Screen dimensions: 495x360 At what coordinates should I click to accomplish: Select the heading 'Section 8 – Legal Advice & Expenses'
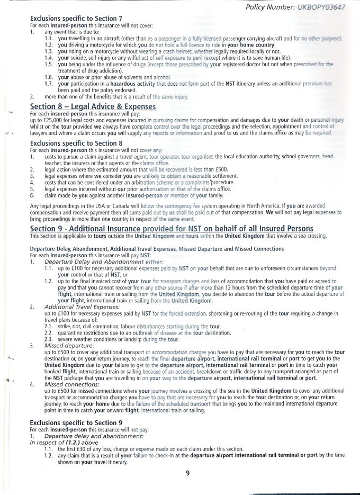(x=93, y=106)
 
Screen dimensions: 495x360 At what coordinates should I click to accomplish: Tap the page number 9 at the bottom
(x=187, y=474)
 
